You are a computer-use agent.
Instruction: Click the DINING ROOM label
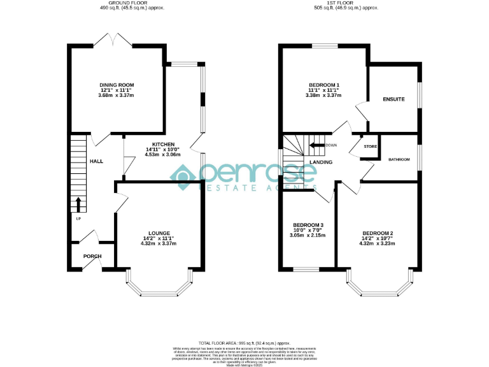click(x=117, y=85)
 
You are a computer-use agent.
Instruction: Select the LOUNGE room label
click(x=159, y=233)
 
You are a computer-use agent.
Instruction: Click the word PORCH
click(x=93, y=256)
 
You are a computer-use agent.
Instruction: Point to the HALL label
click(x=96, y=162)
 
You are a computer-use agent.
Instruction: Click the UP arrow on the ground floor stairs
click(x=78, y=205)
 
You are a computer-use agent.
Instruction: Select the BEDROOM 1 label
click(x=324, y=85)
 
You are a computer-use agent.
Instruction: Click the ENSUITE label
click(x=393, y=99)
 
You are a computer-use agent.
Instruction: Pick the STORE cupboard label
click(x=370, y=147)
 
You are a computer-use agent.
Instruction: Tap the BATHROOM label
click(x=399, y=159)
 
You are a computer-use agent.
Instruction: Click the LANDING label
click(x=321, y=162)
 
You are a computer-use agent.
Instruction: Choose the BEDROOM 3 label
click(x=309, y=225)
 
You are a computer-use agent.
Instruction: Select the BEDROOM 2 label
click(x=378, y=233)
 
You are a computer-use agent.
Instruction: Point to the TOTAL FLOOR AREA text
click(x=244, y=343)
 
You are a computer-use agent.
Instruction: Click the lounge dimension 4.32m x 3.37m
click(x=159, y=243)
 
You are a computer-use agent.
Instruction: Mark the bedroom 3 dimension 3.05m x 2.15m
click(x=309, y=235)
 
